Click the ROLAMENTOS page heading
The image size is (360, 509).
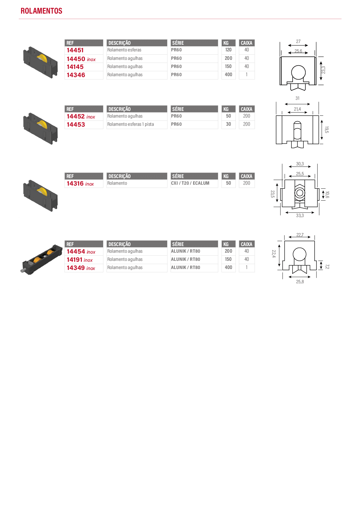pos(41,11)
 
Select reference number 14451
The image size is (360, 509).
pos(75,50)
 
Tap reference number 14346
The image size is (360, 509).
pos(76,75)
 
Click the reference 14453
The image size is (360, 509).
pos(76,125)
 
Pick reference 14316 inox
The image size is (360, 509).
pos(80,183)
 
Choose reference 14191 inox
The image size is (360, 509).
pos(79,260)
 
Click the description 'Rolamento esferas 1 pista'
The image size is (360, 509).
pos(131,124)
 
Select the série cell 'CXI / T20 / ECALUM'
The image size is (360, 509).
pos(190,183)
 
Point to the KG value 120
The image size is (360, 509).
pos(228,50)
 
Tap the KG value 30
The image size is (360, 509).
pos(229,124)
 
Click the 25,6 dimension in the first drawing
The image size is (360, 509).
pos(298,51)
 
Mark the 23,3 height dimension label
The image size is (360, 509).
pos(323,70)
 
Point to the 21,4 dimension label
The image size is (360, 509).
pos(297,109)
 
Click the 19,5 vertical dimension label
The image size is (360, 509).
pos(326,130)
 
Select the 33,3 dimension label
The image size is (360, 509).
pos(300,216)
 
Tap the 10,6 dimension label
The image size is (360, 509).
pos(327,195)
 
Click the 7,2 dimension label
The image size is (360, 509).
pos(327,267)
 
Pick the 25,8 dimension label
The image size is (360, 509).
pos(300,282)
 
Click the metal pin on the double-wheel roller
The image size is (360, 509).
pos(23,271)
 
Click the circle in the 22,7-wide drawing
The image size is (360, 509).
pos(300,248)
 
